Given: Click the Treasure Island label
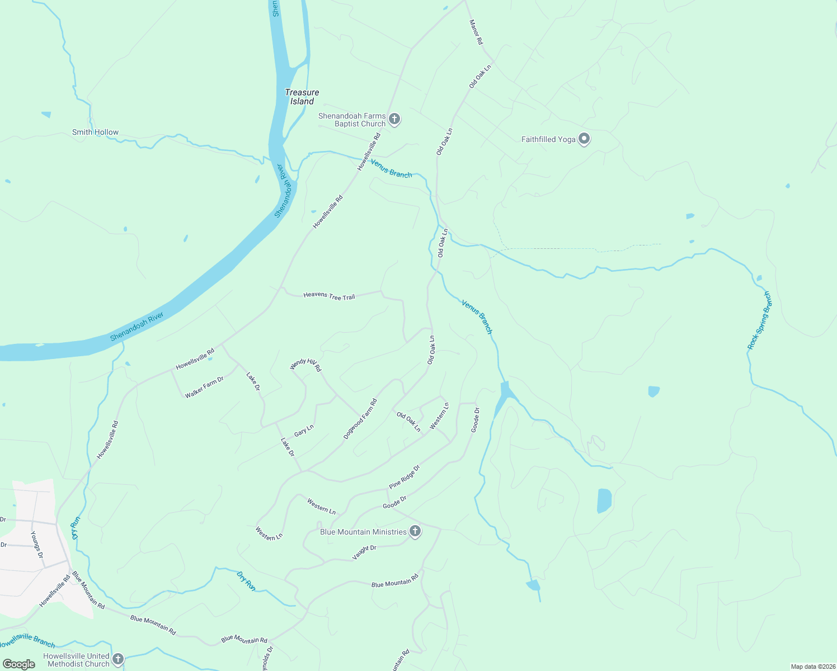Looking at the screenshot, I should (302, 97).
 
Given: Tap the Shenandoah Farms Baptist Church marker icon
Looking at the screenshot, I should (394, 119).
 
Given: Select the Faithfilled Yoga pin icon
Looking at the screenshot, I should (584, 139).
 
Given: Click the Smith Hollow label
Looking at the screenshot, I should (95, 133).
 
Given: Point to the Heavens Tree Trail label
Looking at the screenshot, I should (329, 296).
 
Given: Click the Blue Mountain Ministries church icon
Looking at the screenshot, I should (415, 531).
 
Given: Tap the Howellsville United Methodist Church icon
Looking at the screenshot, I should (117, 659).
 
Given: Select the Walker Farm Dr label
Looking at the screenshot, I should (204, 387).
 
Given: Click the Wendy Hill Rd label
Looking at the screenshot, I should (305, 365).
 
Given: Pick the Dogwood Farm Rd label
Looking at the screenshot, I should (360, 419).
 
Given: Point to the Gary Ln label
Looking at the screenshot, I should (304, 431).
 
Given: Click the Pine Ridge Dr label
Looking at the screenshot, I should (404, 477).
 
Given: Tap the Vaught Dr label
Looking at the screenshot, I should (364, 552).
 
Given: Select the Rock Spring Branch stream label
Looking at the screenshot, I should (759, 320).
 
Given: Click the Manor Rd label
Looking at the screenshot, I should (476, 32).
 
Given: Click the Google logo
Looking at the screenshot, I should (19, 664).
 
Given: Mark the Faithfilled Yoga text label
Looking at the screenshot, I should (548, 139).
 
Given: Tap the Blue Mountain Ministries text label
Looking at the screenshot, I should (363, 532).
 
